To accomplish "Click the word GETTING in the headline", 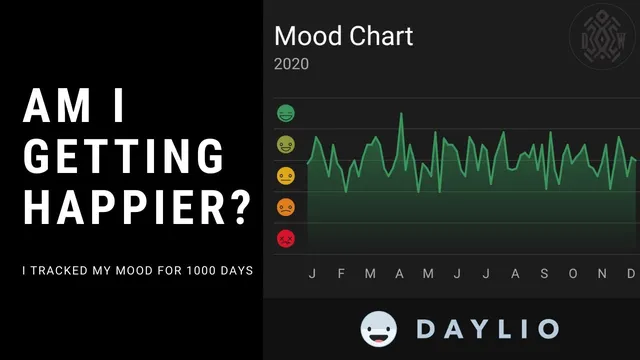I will pyautogui.click(x=123, y=157).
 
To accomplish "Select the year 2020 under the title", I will pyautogui.click(x=291, y=64).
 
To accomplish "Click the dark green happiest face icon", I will pyautogui.click(x=285, y=113).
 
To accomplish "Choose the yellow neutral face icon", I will pyautogui.click(x=285, y=176).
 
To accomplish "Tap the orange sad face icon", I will pyautogui.click(x=285, y=207).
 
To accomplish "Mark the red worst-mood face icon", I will pyautogui.click(x=285, y=239).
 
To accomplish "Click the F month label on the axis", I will pyautogui.click(x=341, y=274).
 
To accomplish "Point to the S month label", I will pyautogui.click(x=544, y=274).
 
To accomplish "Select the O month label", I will pyautogui.click(x=573, y=274).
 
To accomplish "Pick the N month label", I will pyautogui.click(x=602, y=274).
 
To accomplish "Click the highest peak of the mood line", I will pyautogui.click(x=401, y=113).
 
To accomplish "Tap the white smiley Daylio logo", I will pyautogui.click(x=380, y=329).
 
